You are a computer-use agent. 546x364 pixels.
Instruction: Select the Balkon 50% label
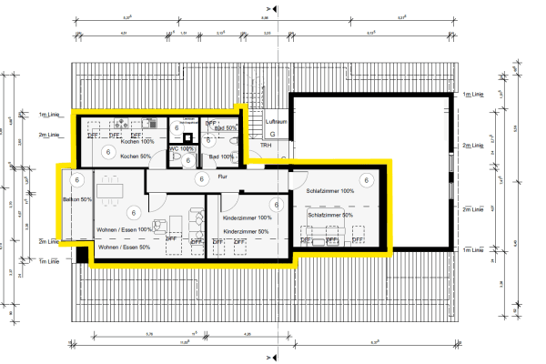coord(76,199)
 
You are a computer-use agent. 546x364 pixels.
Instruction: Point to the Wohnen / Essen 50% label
coord(124,248)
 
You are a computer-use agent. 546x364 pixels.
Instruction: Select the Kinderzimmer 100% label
coord(247,218)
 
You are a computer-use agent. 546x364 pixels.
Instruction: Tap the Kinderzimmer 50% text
coord(247,232)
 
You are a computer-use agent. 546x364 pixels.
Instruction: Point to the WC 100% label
coord(182,148)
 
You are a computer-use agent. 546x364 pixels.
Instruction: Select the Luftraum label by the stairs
coord(276,120)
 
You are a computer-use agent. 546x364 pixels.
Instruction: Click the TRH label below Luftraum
coord(266,145)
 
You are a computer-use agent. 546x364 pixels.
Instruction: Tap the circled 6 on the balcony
coord(78,180)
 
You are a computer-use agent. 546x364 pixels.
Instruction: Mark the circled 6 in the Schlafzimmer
coord(366,180)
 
